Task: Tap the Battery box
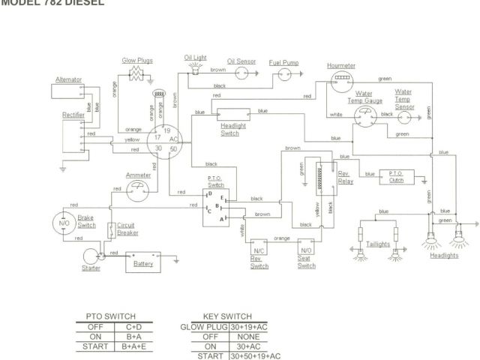(x=142, y=262)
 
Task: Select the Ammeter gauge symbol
(x=137, y=193)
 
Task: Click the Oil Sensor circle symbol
(x=241, y=73)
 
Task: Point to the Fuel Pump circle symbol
(x=284, y=74)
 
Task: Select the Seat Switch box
(x=306, y=248)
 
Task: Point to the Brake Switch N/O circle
(x=64, y=223)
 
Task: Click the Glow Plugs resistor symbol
(x=136, y=73)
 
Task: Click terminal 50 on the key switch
(x=174, y=149)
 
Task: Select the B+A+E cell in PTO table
(x=134, y=346)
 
